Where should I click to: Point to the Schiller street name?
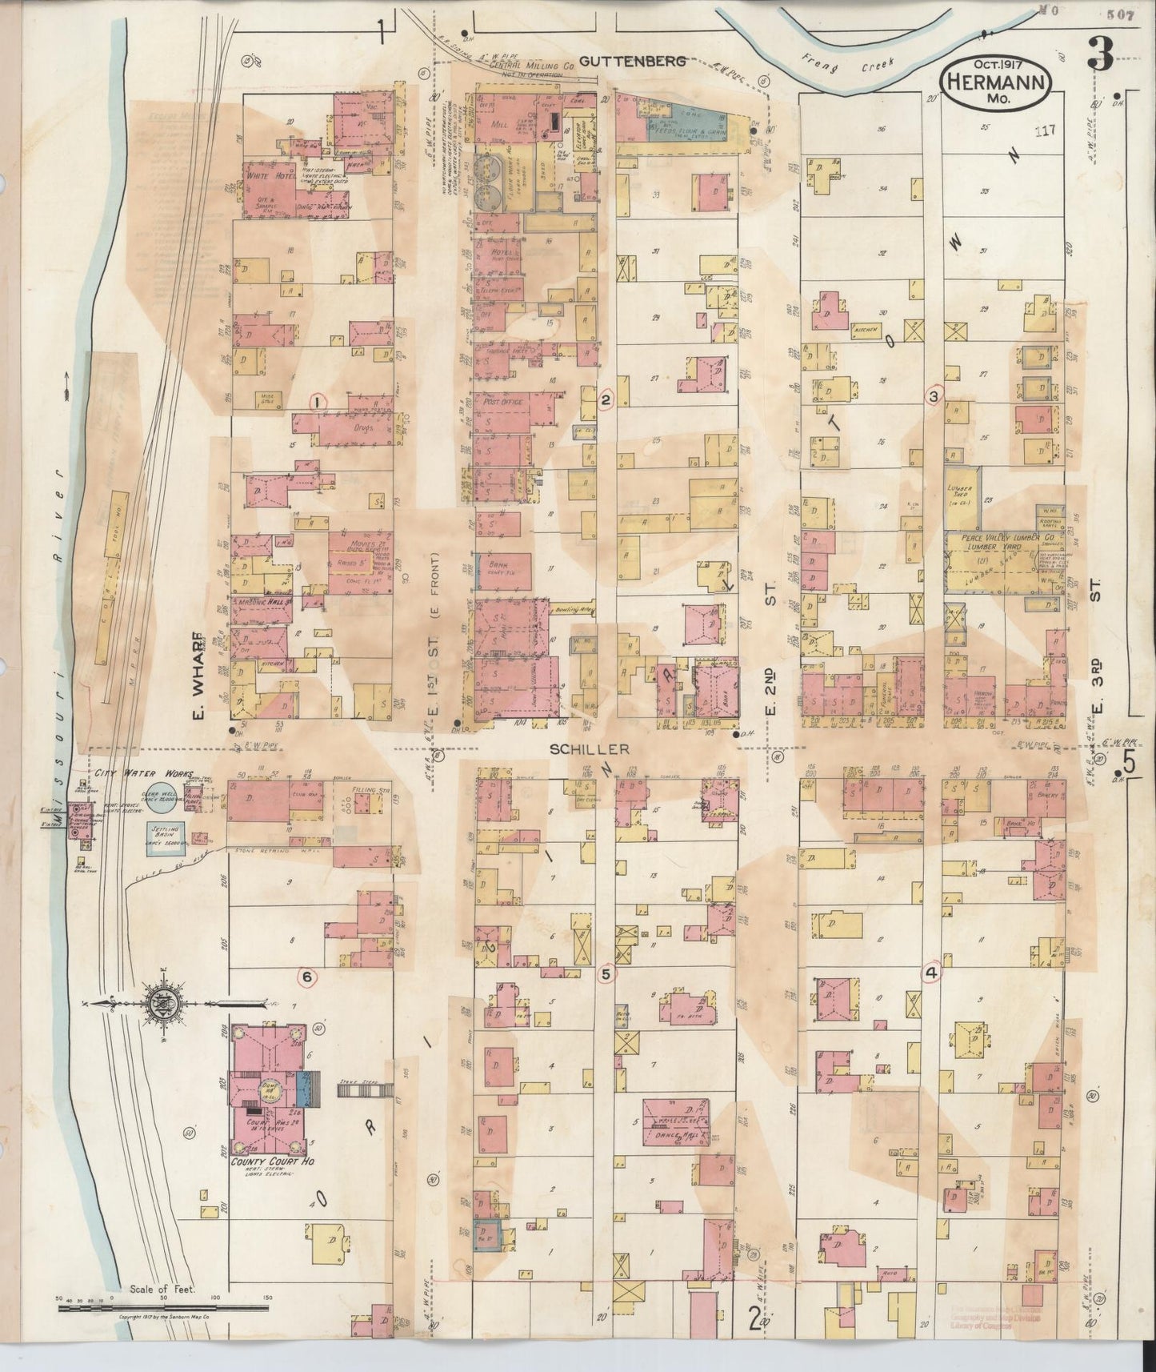(580, 749)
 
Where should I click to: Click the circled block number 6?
(306, 976)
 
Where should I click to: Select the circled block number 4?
(930, 973)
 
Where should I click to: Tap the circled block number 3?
(933, 395)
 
